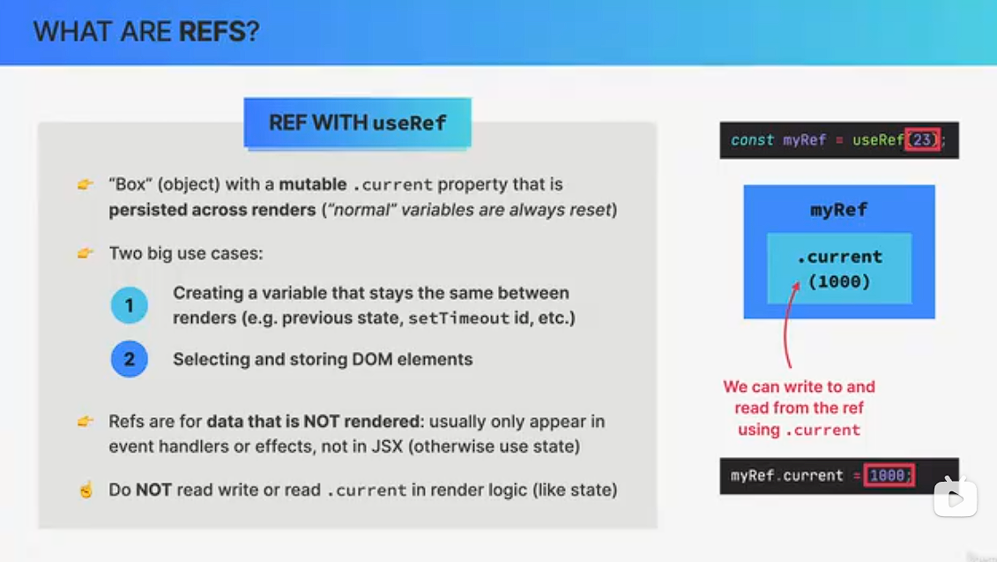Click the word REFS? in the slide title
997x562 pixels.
coord(219,31)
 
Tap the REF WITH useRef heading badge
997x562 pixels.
coord(357,123)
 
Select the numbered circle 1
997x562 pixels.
coord(129,305)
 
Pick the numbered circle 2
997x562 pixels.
coord(129,359)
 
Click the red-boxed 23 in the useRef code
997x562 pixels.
coord(923,140)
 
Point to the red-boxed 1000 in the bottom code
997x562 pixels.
coord(889,476)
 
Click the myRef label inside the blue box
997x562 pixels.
coord(838,209)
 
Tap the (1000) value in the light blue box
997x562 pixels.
coord(839,281)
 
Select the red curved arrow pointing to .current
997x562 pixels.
coord(786,326)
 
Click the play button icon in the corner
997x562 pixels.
coord(955,497)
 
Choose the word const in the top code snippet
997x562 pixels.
coord(752,140)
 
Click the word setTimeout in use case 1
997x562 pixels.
coord(458,318)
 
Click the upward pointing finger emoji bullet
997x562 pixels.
coord(86,490)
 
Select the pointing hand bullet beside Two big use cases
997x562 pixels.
coord(86,253)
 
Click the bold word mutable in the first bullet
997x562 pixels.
coord(313,184)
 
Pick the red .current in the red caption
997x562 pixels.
coord(822,431)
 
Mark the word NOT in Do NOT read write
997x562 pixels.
coord(154,490)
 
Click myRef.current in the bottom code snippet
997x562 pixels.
coord(786,476)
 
